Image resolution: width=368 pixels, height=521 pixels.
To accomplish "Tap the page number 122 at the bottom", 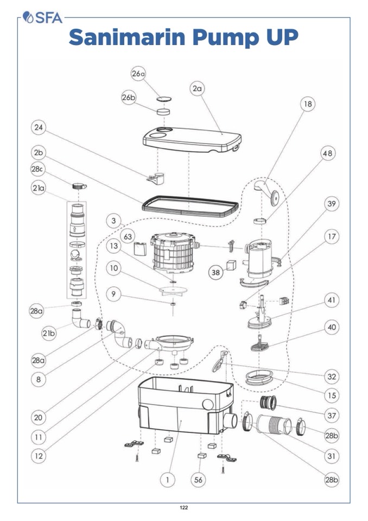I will tap(184, 507).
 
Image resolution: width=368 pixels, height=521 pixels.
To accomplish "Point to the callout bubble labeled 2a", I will tap(197, 89).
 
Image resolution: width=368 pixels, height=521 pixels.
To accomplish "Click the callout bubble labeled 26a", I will tap(138, 74).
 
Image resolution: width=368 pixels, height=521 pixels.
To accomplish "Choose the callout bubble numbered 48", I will tap(327, 154).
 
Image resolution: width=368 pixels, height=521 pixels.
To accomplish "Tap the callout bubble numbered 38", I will tap(216, 273).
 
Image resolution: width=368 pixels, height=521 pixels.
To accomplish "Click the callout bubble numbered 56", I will tap(199, 479).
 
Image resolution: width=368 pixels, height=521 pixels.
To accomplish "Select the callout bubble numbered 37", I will tap(331, 416).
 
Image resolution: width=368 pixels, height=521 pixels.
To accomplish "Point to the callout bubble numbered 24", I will tap(38, 128).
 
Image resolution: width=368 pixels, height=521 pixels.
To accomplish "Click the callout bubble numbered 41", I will tap(331, 300).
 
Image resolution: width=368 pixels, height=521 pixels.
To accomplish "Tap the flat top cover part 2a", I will tap(190, 138).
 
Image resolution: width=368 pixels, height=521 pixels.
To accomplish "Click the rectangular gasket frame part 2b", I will tap(190, 208).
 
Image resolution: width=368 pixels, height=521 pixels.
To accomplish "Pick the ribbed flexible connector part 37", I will tap(269, 404).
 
